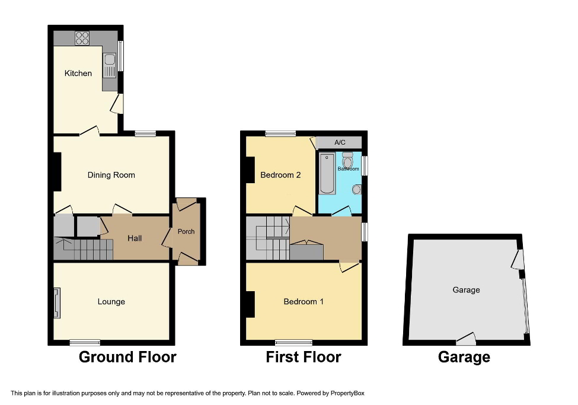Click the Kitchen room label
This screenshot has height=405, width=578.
click(x=78, y=74)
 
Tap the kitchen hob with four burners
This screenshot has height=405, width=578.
click(x=82, y=38)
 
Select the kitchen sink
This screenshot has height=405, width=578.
click(x=110, y=66)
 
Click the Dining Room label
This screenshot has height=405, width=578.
click(x=111, y=175)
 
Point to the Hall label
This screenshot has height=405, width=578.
click(x=135, y=238)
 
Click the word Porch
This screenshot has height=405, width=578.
click(x=186, y=231)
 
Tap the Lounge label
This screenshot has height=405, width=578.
click(x=111, y=302)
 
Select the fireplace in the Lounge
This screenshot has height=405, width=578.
click(x=57, y=303)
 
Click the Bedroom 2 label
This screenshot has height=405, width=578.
click(x=277, y=175)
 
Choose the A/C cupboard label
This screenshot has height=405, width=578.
click(x=340, y=142)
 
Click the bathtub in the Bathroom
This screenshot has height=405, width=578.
click(x=327, y=174)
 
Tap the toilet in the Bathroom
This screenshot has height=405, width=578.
click(x=348, y=159)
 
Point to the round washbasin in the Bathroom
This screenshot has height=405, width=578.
click(x=356, y=189)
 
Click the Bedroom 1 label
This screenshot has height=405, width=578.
click(x=304, y=302)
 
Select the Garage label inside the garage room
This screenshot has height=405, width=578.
click(x=466, y=290)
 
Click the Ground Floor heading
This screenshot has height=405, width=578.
click(x=127, y=357)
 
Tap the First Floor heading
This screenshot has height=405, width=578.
click(x=303, y=357)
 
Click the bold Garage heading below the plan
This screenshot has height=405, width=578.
click(x=464, y=357)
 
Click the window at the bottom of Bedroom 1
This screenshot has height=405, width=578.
click(x=293, y=342)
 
